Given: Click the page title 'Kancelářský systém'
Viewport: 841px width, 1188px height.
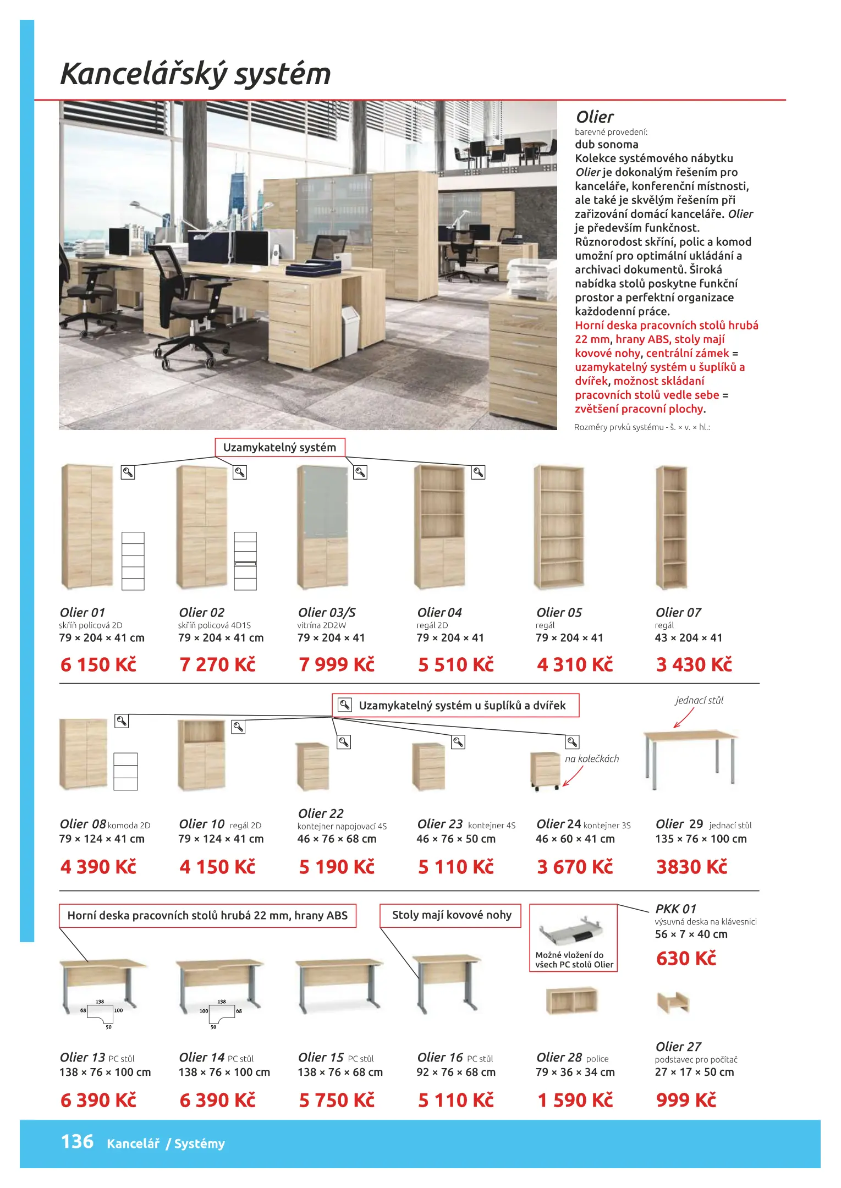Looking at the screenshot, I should point(195,74).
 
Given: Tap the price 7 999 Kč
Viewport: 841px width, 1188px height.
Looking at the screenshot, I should point(336,664).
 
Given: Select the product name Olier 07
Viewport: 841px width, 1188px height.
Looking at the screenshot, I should point(678,612).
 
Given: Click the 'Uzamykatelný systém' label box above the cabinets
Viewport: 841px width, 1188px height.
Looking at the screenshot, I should point(279,447).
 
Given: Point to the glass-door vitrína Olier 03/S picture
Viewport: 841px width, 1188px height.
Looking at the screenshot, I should point(323,527).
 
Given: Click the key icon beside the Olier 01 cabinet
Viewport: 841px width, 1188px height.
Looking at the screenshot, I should point(128,472).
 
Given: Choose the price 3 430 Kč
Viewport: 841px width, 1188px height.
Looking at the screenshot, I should point(694,664).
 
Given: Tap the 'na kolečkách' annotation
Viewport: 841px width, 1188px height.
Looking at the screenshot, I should point(592,758).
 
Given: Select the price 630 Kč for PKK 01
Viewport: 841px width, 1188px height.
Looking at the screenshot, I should point(686,959).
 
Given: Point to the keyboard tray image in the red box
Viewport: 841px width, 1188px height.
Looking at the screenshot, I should point(572,931).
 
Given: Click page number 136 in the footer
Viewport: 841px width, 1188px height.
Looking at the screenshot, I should point(77,1141).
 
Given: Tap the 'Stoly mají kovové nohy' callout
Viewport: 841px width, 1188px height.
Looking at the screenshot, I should point(451,915).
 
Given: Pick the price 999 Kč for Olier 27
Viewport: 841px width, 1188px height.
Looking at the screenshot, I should point(686,1099).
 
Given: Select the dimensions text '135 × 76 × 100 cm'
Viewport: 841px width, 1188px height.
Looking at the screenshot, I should point(701,839).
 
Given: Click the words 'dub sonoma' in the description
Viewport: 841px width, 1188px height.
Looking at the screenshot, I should point(607,145).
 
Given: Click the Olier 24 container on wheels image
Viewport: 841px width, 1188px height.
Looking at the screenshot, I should point(545,769).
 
